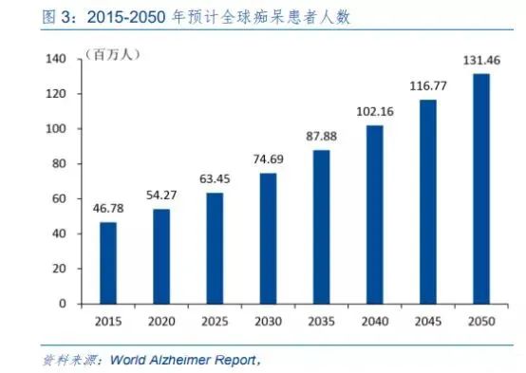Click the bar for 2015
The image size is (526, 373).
(x=108, y=263)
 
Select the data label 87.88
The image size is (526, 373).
(x=321, y=134)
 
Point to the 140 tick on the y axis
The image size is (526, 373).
(x=59, y=59)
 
